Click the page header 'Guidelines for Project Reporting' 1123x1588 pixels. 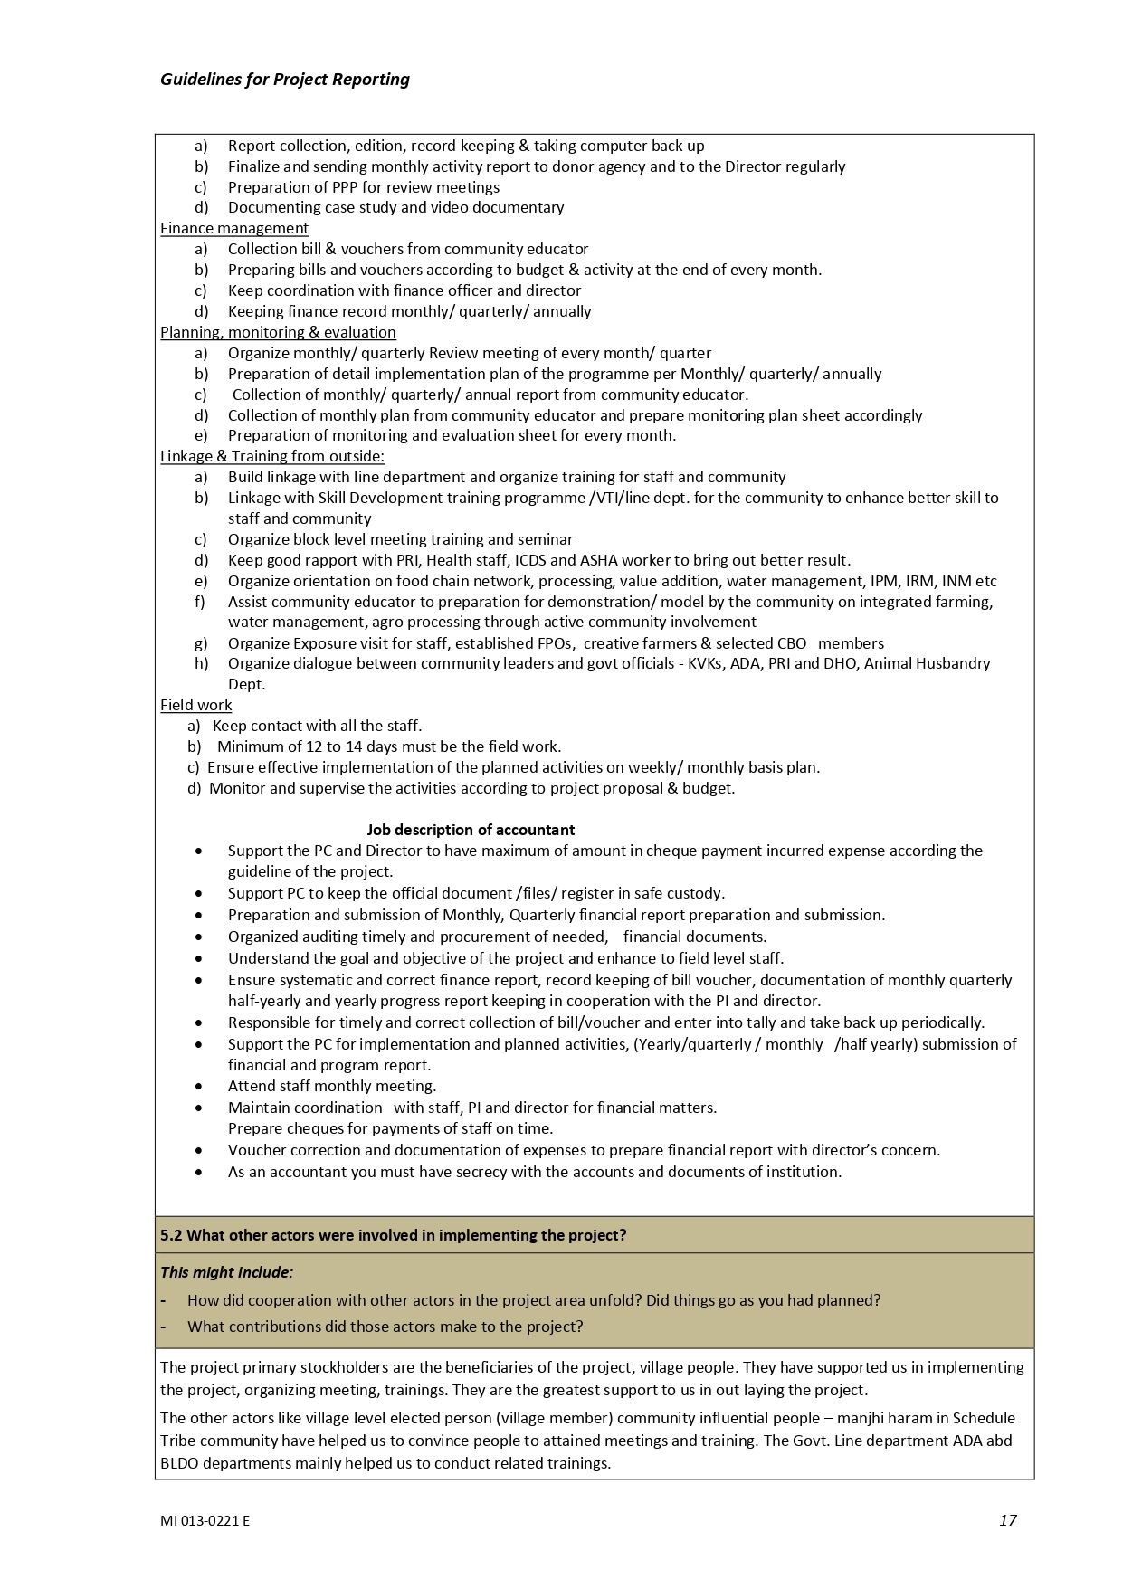pyautogui.click(x=284, y=80)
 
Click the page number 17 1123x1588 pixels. pyautogui.click(x=1007, y=1520)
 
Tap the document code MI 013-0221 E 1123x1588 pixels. pyautogui.click(x=205, y=1521)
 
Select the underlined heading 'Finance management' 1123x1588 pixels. pyautogui.click(x=234, y=229)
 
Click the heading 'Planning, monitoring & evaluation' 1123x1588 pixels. pyautogui.click(x=278, y=333)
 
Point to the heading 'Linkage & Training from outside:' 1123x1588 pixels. pyautogui.click(x=271, y=457)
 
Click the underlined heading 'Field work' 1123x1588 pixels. pyautogui.click(x=195, y=706)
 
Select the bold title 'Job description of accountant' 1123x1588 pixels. pyautogui.click(x=471, y=830)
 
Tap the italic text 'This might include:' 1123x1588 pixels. pyautogui.click(x=226, y=1272)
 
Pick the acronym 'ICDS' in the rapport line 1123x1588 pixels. pyautogui.click(x=532, y=560)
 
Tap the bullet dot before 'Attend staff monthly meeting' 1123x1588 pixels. pyautogui.click(x=199, y=1087)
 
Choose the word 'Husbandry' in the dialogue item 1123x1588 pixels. pyautogui.click(x=955, y=664)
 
